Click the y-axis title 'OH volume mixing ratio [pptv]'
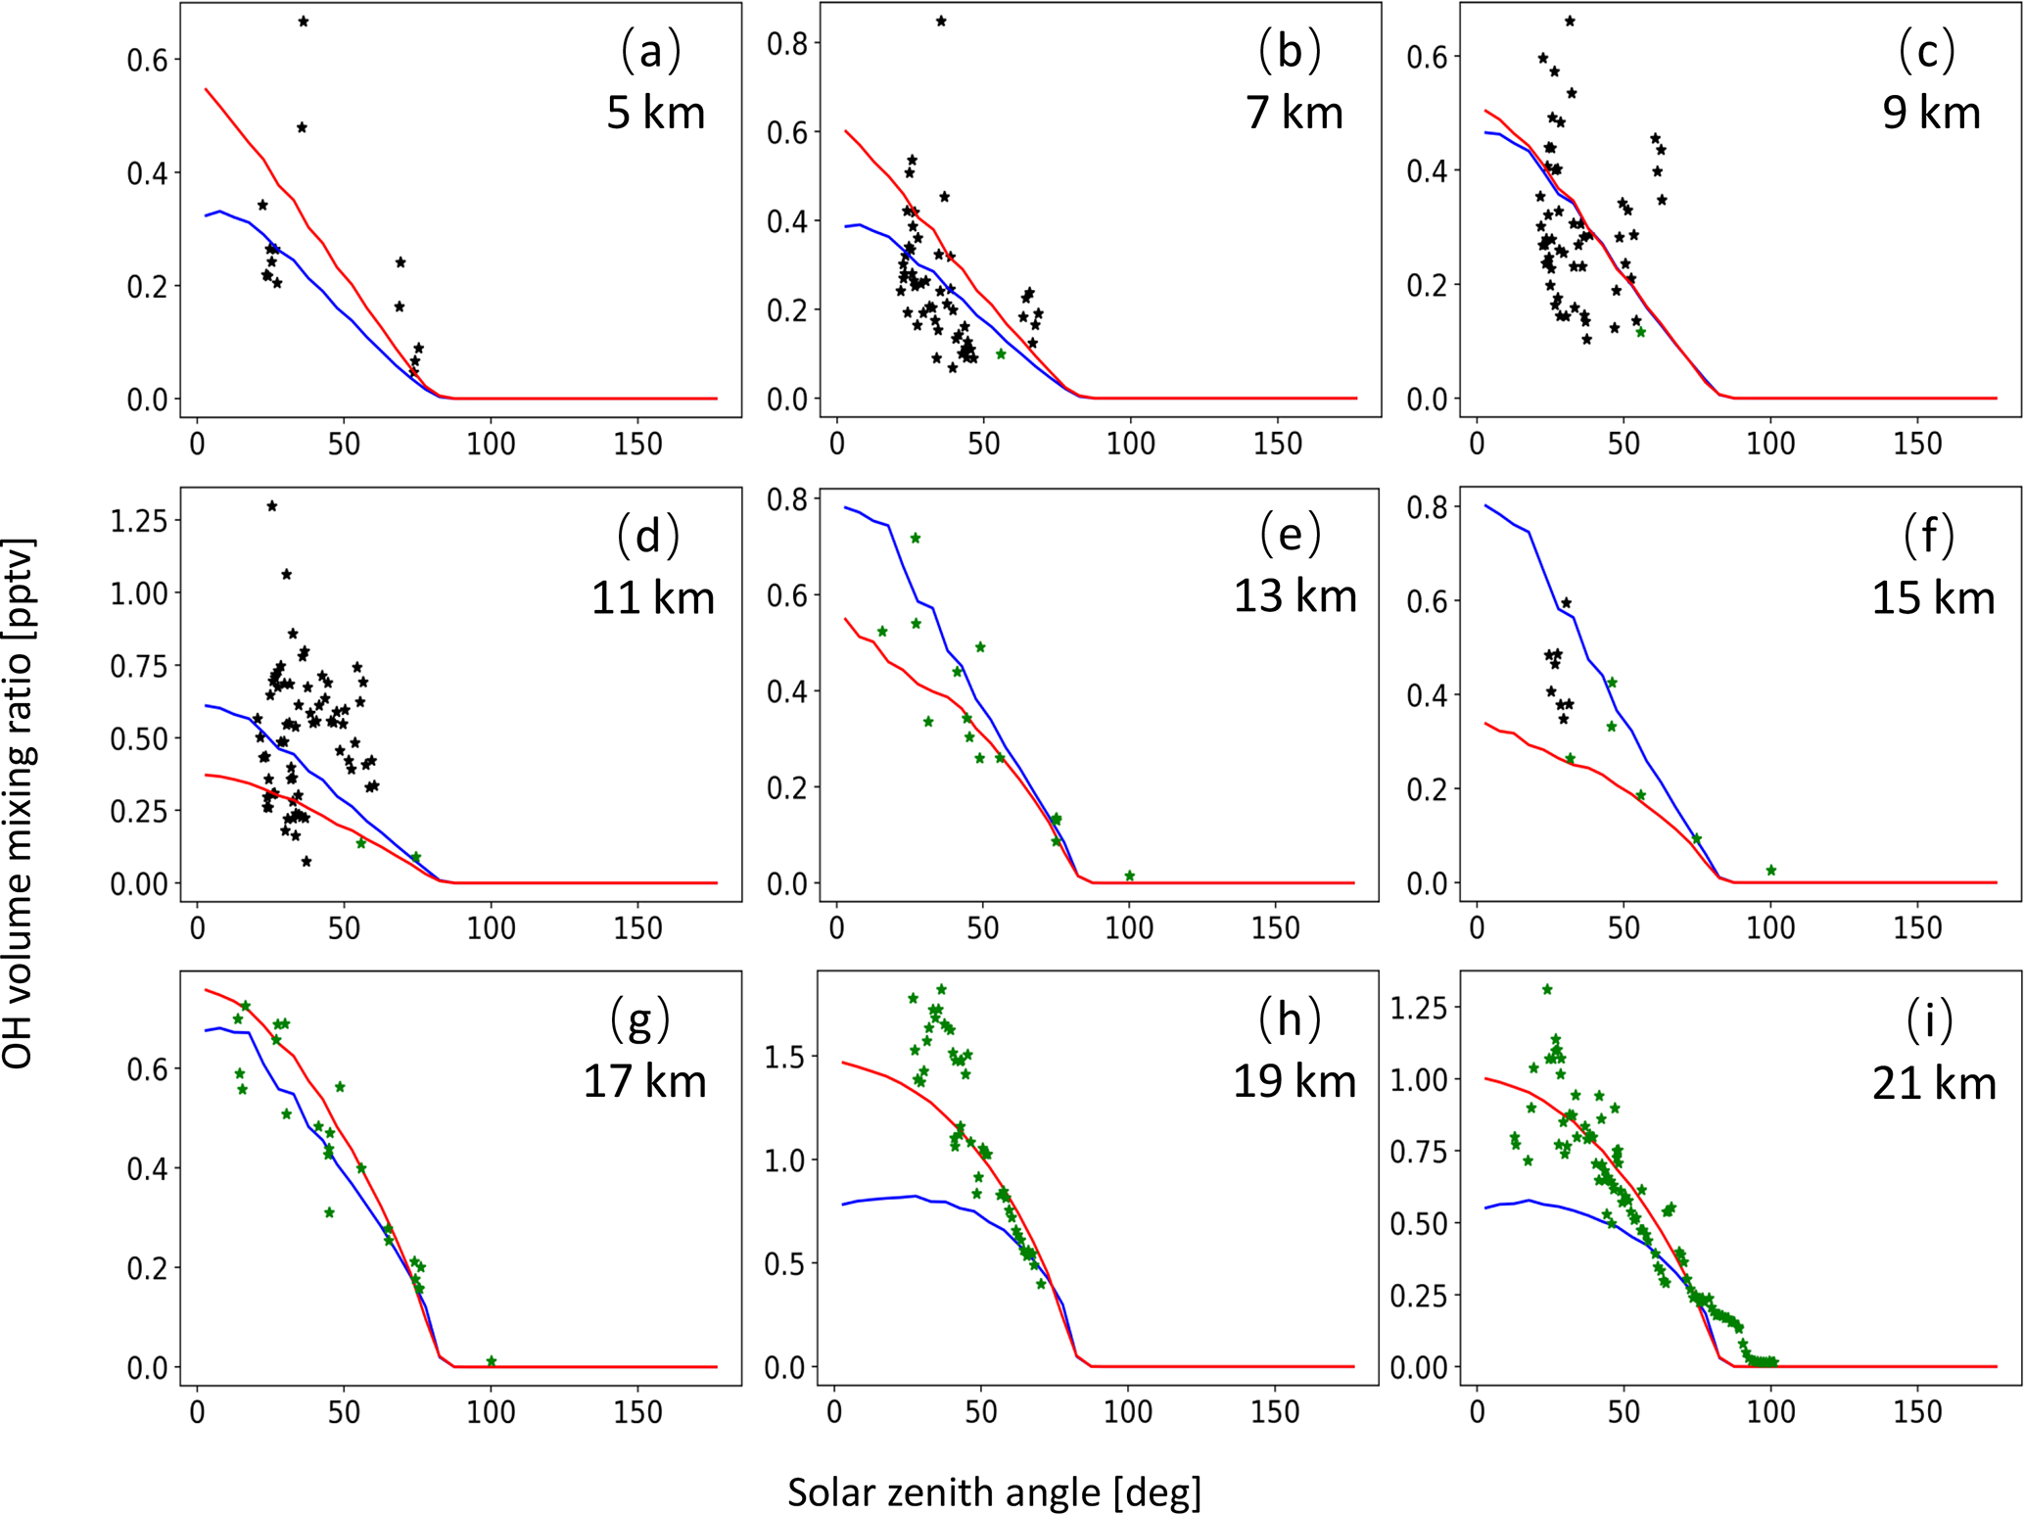(x=18, y=802)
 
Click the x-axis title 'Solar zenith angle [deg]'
(x=994, y=1491)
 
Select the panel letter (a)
(x=650, y=51)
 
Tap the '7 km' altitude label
(x=1294, y=113)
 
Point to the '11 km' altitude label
(x=653, y=597)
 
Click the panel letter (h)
(x=1290, y=1019)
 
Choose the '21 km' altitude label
(x=1934, y=1083)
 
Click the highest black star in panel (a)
(x=304, y=22)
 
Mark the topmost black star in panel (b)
(x=941, y=21)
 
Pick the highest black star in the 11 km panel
(x=272, y=506)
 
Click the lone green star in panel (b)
(x=1001, y=354)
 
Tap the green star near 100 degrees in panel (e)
(x=1130, y=875)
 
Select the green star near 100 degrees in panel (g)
(x=492, y=1361)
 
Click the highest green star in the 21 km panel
(x=1547, y=989)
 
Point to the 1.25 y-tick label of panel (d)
(x=138, y=520)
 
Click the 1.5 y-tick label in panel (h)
(x=783, y=1057)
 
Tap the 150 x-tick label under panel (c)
(x=1917, y=444)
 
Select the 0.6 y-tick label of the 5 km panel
(x=148, y=60)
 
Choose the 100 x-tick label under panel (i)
(x=1770, y=1412)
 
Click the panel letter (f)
(x=1929, y=536)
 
